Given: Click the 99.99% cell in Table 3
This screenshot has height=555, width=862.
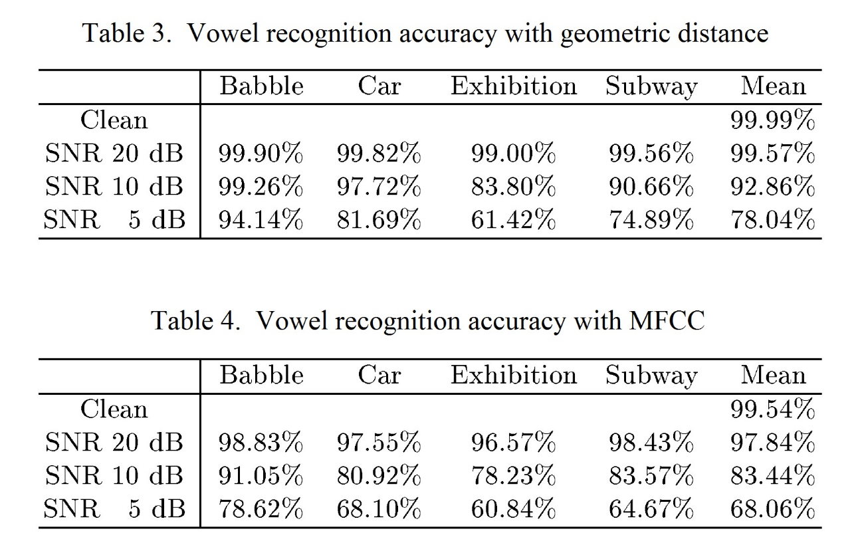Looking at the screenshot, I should (x=772, y=121).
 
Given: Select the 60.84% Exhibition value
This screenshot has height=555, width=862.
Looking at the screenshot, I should (x=513, y=509).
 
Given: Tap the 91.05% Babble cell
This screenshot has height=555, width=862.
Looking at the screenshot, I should (x=261, y=476).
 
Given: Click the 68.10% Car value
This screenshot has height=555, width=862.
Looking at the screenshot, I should (x=379, y=509).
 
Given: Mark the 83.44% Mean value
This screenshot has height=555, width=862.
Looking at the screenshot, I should (x=772, y=476).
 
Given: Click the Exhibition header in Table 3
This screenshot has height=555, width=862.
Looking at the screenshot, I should (x=513, y=86).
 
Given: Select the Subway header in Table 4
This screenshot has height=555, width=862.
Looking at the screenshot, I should (x=651, y=376).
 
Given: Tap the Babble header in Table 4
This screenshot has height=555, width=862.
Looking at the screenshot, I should (x=261, y=376).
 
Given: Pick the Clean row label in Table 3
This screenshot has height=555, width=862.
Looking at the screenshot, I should (x=114, y=121).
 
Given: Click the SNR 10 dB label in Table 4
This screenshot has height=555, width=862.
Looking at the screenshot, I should (x=114, y=476).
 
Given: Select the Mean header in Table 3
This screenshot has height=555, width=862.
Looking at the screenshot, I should (x=772, y=86).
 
